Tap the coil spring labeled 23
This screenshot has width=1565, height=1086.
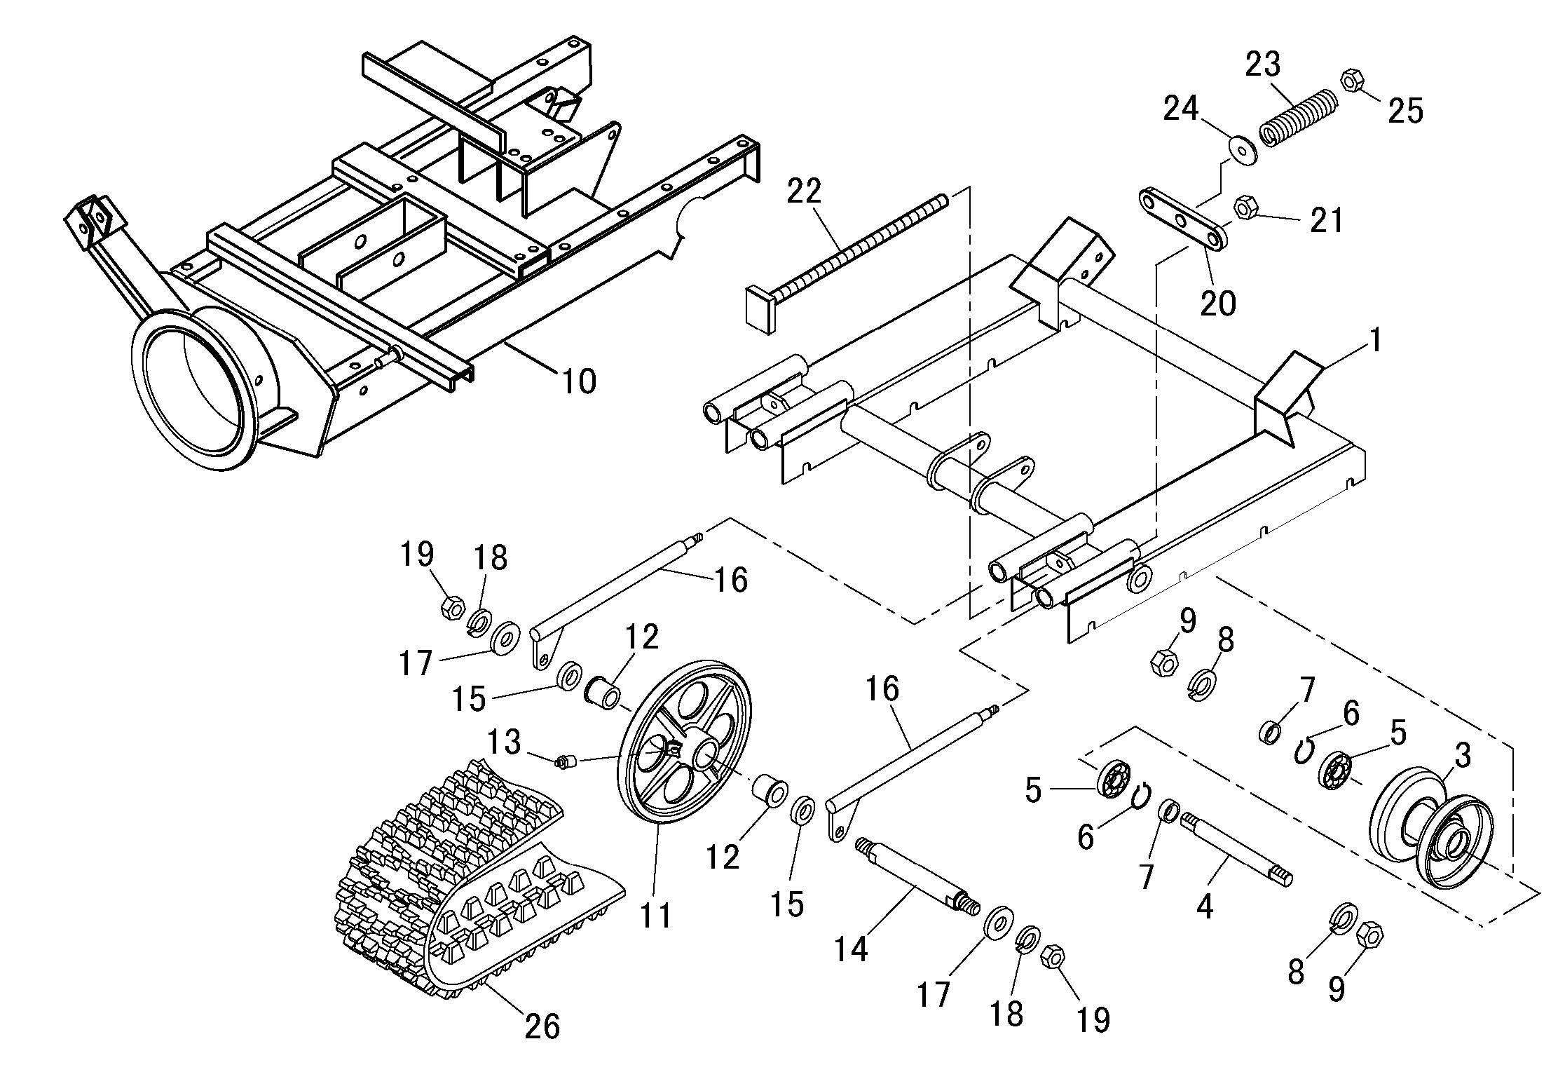pyautogui.click(x=1300, y=116)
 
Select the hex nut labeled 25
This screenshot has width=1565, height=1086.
pyautogui.click(x=1351, y=81)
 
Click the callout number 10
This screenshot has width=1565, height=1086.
pyautogui.click(x=579, y=381)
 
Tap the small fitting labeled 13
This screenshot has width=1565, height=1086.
pyautogui.click(x=566, y=761)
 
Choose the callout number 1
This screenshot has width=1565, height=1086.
pyautogui.click(x=1374, y=341)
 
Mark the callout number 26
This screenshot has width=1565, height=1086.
pyautogui.click(x=542, y=1026)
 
